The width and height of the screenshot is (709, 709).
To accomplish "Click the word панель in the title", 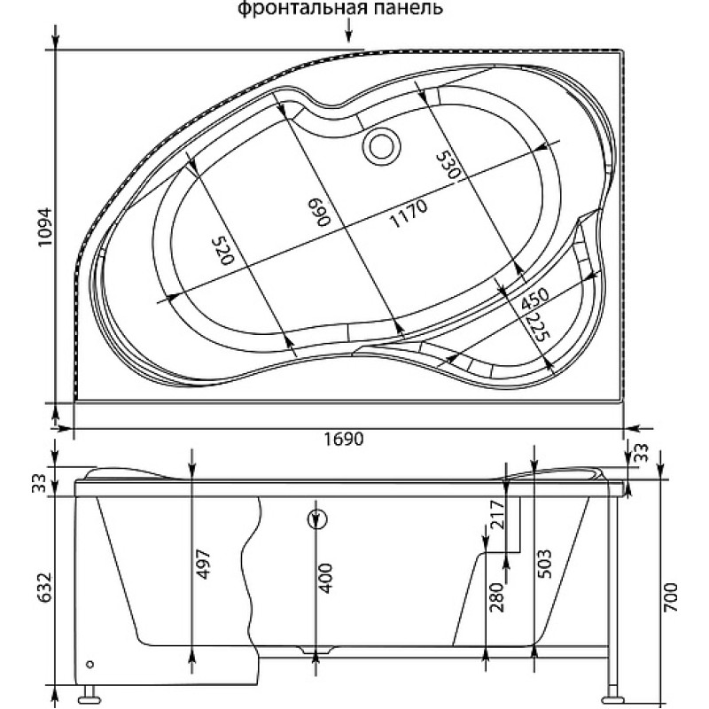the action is tap(403, 8).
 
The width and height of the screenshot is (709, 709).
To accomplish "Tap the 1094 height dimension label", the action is tap(45, 227).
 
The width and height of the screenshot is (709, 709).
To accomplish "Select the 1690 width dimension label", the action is tap(344, 438).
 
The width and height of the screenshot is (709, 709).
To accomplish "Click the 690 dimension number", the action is tap(319, 212).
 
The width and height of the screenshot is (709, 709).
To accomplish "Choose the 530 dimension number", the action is tap(448, 165).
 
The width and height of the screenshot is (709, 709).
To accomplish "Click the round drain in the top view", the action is tap(382, 146).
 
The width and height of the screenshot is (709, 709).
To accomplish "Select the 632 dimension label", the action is tap(45, 588).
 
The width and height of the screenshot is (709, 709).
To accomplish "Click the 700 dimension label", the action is tap(672, 596).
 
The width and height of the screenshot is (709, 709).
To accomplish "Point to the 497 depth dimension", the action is tap(205, 564).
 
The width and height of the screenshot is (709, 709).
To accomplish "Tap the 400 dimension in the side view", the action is tap(326, 578).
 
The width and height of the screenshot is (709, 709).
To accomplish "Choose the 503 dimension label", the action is tap(544, 564).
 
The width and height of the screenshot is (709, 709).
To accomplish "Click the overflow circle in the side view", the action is tap(316, 519).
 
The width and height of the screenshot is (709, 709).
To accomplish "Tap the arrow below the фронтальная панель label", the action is tap(348, 32).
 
